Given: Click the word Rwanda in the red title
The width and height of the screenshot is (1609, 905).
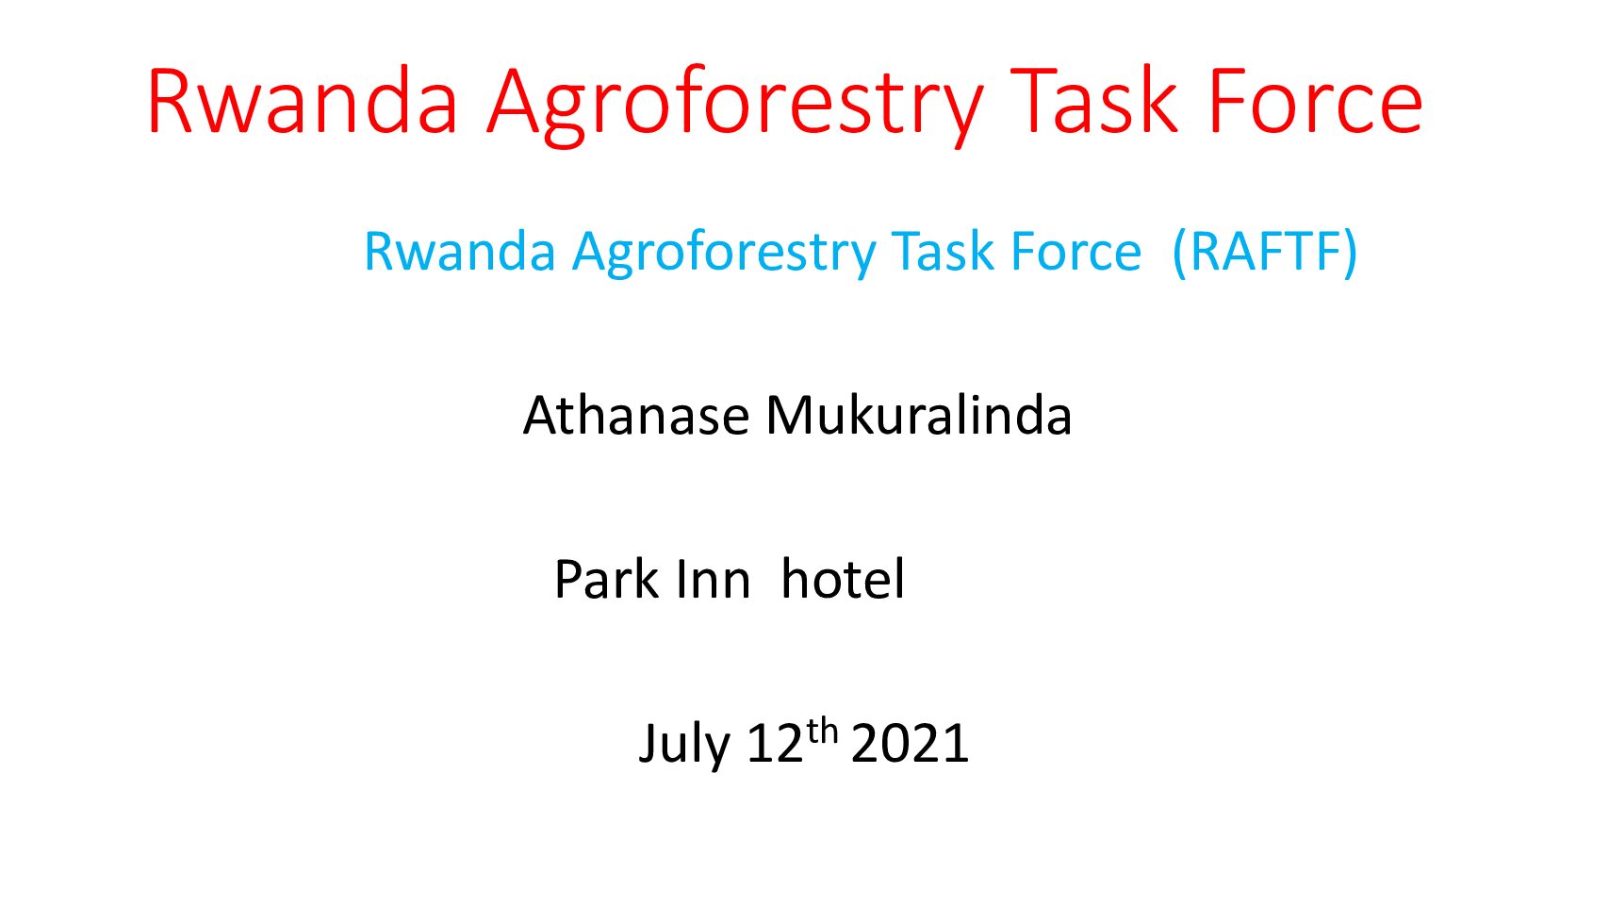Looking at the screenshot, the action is coord(303,101).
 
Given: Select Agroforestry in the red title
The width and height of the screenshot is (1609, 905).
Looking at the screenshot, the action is coord(734,107).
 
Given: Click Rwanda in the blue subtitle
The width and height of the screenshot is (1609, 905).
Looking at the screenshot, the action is coord(460,252).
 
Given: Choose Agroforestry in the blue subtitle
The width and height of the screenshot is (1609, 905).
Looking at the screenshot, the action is coord(724,255).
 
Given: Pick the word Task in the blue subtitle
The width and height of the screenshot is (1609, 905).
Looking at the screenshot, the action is coord(944,252).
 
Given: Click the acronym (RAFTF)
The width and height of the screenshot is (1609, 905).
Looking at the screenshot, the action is coord(1264,252).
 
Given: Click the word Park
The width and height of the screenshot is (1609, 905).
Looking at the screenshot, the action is coord(606,579).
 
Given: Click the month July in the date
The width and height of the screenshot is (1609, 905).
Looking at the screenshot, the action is coord(684,744).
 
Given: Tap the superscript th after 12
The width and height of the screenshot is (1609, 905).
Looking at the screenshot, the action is coord(822,732).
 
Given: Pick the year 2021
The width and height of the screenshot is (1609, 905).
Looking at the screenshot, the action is coord(911,744).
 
